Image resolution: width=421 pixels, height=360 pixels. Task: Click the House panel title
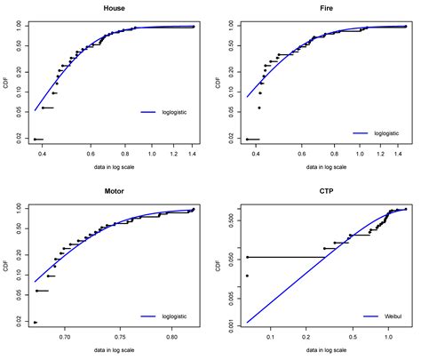pyautogui.click(x=114, y=7)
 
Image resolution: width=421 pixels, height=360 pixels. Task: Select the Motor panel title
pyautogui.click(x=114, y=190)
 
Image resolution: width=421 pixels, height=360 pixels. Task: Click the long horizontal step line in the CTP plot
pyautogui.click(x=284, y=257)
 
